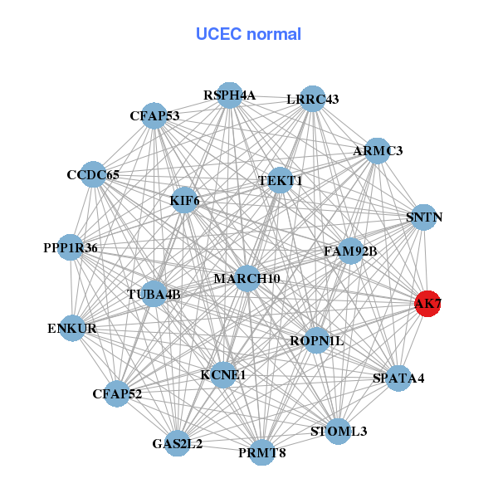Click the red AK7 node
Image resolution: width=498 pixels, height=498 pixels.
[x=427, y=304]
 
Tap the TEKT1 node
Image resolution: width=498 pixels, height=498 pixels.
[x=280, y=181]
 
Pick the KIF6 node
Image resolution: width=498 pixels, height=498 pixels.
[x=184, y=200]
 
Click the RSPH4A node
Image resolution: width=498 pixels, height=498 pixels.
[x=229, y=95]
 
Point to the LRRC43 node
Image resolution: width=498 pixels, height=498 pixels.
[x=312, y=99]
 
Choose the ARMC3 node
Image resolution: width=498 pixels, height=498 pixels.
[x=378, y=150]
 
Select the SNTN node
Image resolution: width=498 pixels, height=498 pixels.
[x=424, y=217]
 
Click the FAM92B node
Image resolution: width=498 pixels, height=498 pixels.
[x=350, y=251]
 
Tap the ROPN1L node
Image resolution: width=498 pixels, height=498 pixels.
[x=316, y=340]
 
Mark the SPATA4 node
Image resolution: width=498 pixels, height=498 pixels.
[x=398, y=378]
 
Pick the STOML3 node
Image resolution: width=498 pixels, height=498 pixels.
[x=338, y=432]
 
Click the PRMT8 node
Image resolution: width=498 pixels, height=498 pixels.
[x=261, y=452]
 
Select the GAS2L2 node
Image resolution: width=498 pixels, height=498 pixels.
[x=177, y=444]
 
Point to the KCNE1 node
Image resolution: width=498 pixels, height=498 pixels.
[x=222, y=375]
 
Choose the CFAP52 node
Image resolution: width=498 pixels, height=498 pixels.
[x=117, y=393]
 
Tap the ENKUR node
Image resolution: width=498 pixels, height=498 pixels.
[x=72, y=329]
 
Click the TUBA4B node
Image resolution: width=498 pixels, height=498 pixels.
[x=154, y=294]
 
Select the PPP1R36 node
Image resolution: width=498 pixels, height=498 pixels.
[x=71, y=247]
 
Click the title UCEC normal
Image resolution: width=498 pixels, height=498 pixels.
[x=248, y=34]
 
